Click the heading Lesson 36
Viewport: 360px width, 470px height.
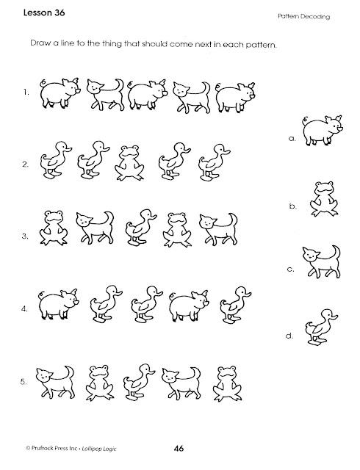coord(44,13)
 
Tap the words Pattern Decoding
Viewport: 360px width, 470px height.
coord(303,17)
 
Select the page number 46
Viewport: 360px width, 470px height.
coord(179,449)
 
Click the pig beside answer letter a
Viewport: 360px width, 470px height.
coord(323,131)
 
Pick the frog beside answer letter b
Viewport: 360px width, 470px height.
coord(324,198)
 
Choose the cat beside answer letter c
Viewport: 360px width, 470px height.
coord(322,261)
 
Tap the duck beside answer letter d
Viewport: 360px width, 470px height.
coord(321,328)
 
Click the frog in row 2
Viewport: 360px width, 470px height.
coord(130,163)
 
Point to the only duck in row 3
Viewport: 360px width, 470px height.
coord(140,228)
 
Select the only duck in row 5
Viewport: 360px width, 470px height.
coord(139,382)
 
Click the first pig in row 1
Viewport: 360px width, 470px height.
coord(60,93)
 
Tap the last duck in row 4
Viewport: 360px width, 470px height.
coord(235,305)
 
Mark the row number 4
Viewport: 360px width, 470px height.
coord(24,308)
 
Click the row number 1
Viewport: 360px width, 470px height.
coord(26,93)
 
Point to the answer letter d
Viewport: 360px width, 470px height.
coord(289,336)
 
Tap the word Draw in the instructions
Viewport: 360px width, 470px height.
coord(38,43)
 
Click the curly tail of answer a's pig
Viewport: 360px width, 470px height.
coord(306,120)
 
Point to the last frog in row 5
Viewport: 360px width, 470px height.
coord(227,383)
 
